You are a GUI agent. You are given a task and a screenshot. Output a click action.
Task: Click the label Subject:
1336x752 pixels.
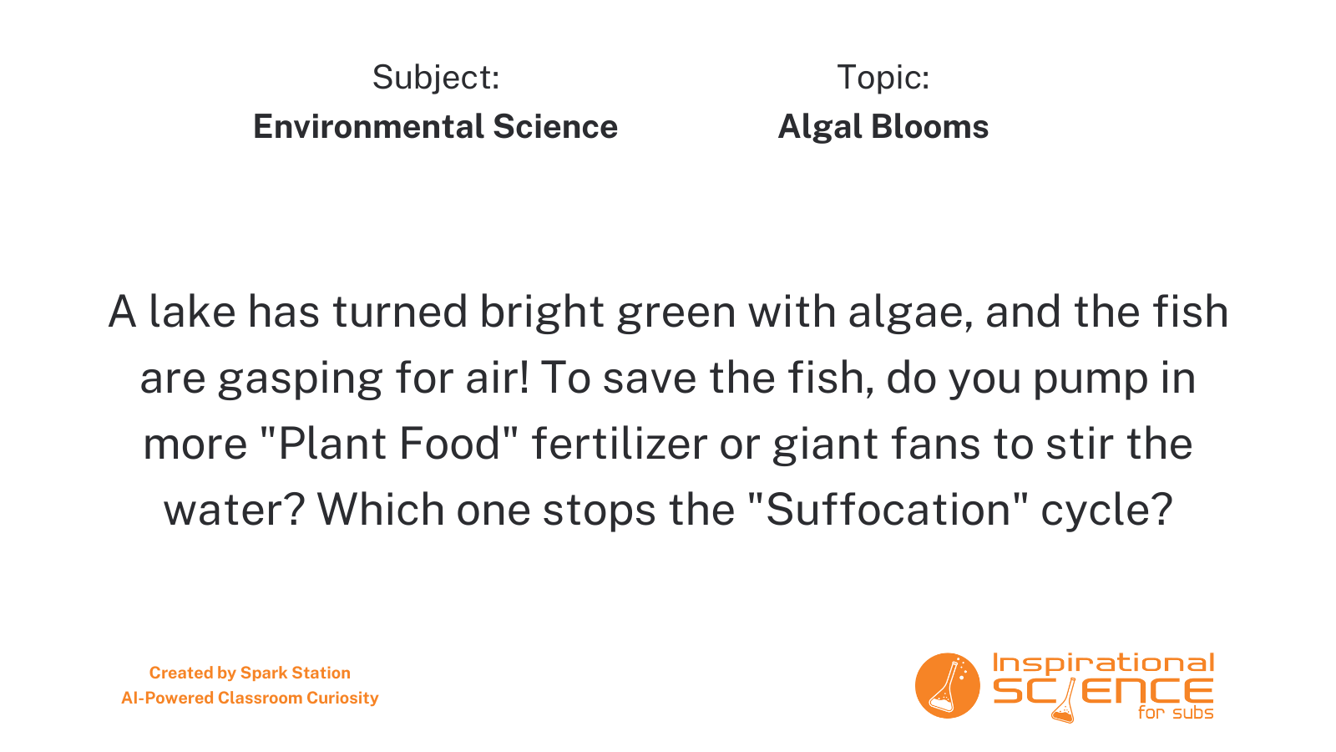click(x=436, y=79)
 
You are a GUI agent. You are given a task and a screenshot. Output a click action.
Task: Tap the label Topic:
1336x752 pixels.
click(x=883, y=78)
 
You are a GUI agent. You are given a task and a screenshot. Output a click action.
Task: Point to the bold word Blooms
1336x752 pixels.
click(x=930, y=126)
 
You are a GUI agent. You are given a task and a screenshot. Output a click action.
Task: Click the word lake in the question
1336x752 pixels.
click(x=192, y=312)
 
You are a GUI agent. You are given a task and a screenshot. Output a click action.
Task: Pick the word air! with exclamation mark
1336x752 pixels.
click(x=498, y=378)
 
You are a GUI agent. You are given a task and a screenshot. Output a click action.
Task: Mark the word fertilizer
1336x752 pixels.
click(x=620, y=444)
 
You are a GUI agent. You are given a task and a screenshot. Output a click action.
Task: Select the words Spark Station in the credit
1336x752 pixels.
click(x=296, y=673)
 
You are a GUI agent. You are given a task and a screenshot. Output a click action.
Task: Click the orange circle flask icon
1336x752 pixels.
click(x=947, y=686)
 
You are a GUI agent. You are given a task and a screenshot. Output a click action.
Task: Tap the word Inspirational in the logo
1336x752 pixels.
click(x=1103, y=664)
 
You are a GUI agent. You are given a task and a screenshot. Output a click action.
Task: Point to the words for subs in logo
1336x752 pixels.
click(x=1176, y=713)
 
